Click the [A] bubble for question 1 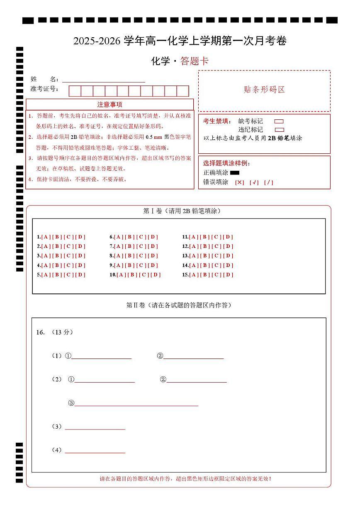[46, 237]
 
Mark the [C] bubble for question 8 [141, 256]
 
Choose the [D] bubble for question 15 [228, 275]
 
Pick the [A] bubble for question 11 [194, 237]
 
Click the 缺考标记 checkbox [279, 121]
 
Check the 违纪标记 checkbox [279, 130]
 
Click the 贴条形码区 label [264, 90]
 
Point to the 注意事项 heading [109, 104]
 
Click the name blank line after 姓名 [104, 80]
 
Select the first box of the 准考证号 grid [75, 91]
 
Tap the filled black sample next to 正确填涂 [235, 172]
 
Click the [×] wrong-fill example [240, 182]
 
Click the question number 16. [40, 332]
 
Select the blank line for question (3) [95, 427]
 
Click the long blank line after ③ [136, 403]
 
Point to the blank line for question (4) [95, 451]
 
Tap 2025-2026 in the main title [97, 41]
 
